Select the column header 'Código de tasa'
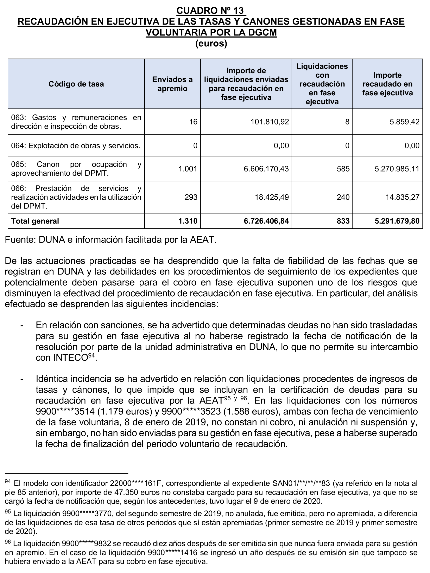coord(76,84)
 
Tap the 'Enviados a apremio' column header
coord(172,84)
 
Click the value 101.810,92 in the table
coord(270,122)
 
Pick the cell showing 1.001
coord(188,169)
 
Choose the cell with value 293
coord(191,197)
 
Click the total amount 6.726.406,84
coord(266,221)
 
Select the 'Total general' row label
coord(35,221)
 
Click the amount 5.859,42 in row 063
coord(404,122)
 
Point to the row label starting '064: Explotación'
coord(76,146)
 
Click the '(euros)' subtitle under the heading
coord(211,43)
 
